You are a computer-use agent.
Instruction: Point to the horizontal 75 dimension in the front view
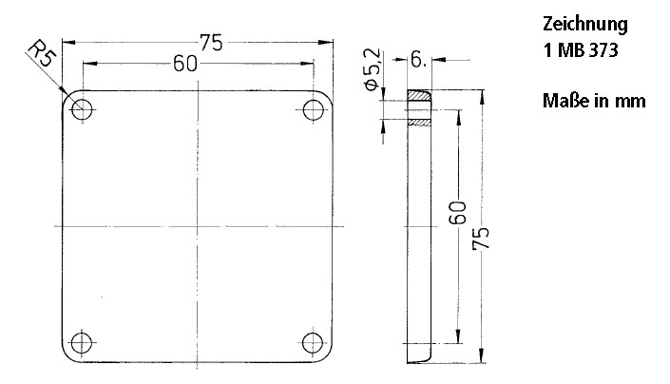212,43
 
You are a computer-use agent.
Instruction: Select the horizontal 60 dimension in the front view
185,64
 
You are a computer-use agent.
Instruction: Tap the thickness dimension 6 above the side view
418,60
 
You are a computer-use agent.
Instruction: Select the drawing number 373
603,52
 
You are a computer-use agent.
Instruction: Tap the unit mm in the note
632,101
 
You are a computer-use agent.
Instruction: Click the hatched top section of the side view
419,97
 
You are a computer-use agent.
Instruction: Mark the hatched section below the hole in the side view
419,123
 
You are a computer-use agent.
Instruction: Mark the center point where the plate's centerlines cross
198,225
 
